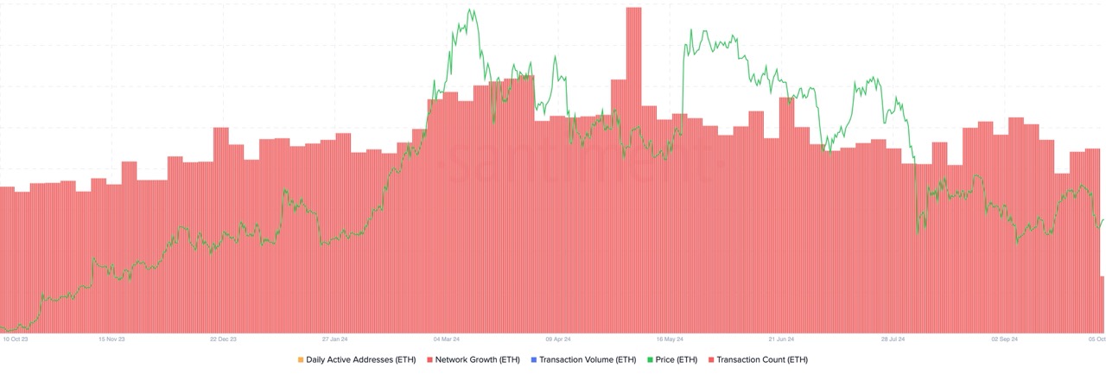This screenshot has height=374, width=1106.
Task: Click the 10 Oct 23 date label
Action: (x=16, y=339)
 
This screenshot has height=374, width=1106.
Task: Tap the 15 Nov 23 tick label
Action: (x=113, y=339)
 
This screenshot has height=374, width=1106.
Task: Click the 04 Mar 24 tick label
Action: (x=447, y=339)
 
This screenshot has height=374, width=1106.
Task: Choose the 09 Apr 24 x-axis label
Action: (x=558, y=339)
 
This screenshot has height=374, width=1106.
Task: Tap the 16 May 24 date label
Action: (x=670, y=339)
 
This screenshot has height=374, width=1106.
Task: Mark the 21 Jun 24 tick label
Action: (x=781, y=339)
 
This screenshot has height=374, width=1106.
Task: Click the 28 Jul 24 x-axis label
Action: (x=893, y=339)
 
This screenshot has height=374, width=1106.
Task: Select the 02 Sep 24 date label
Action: (x=1004, y=339)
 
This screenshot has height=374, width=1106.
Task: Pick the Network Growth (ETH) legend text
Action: (x=478, y=359)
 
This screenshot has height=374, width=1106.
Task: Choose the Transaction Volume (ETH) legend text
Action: (x=588, y=359)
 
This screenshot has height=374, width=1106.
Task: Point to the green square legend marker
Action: (x=648, y=359)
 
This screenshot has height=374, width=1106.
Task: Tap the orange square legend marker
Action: (x=300, y=359)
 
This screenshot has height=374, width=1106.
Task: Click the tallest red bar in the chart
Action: (x=633, y=173)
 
